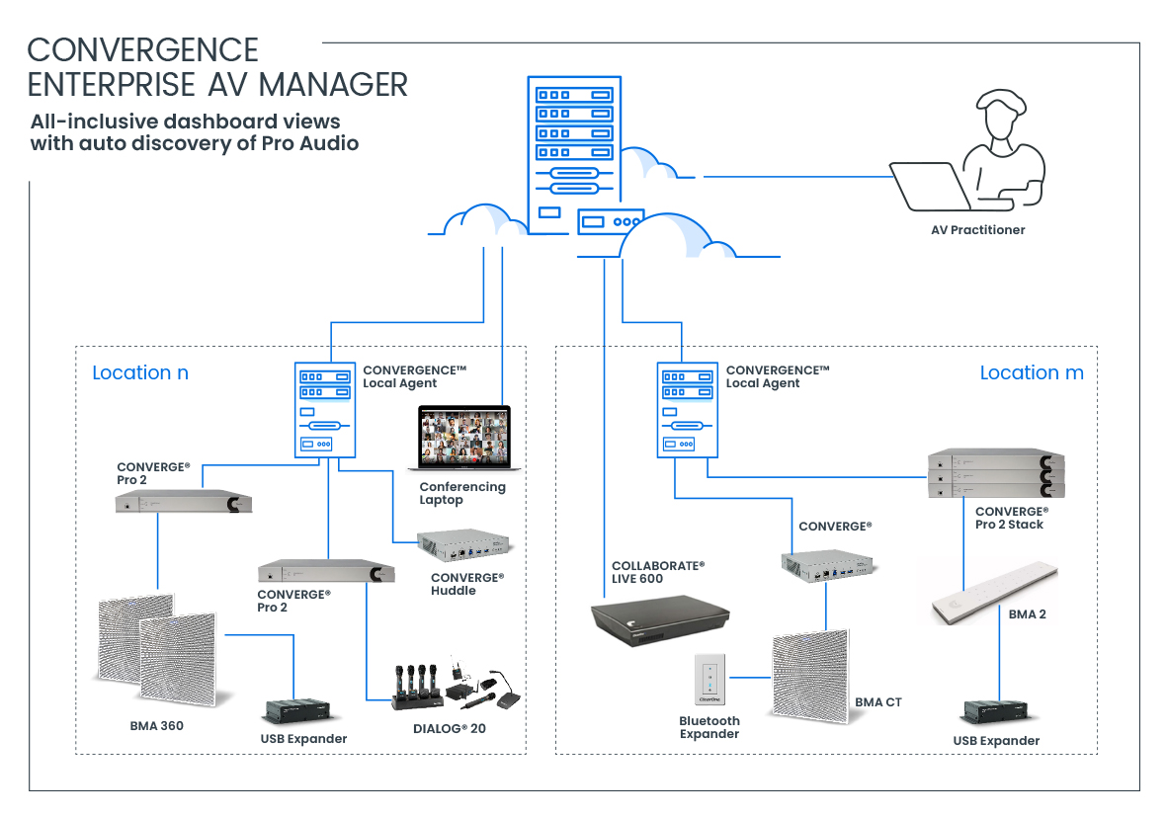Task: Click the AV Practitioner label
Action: point(977,230)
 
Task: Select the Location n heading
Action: point(140,373)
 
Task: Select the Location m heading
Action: point(1031,373)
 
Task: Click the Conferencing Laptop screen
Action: point(462,438)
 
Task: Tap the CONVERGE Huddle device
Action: point(467,545)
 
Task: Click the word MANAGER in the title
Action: point(333,85)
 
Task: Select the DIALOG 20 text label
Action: point(450,729)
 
